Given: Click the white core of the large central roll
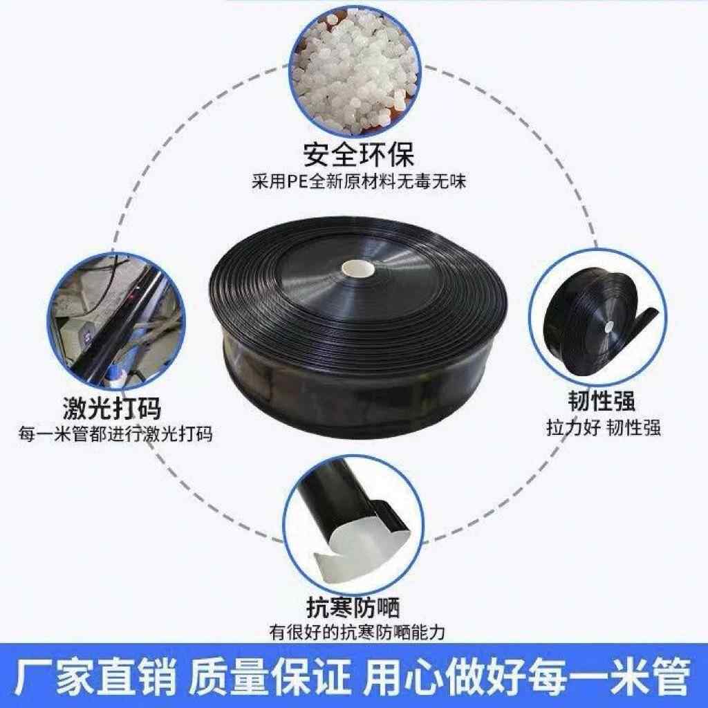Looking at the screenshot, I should tap(357, 267).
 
